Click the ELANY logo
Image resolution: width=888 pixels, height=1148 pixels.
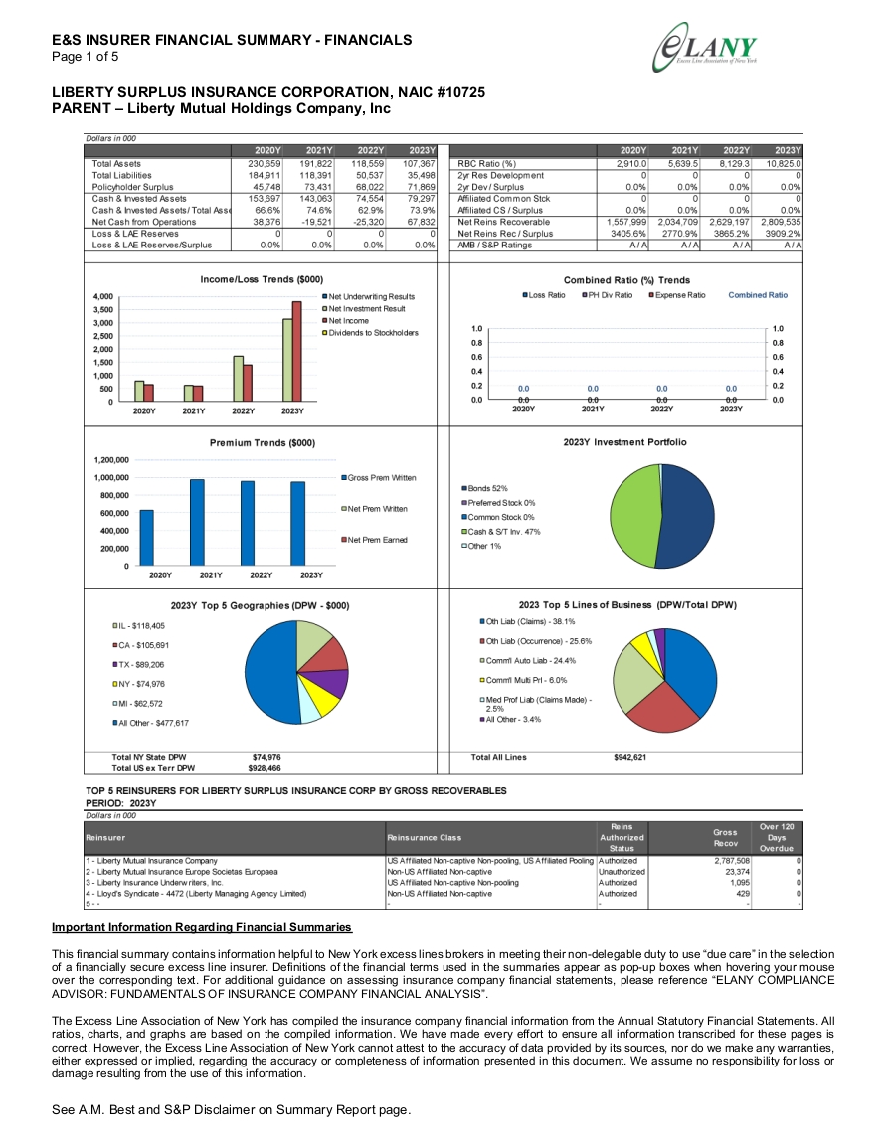(x=705, y=48)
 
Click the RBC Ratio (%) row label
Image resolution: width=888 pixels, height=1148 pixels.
(x=487, y=164)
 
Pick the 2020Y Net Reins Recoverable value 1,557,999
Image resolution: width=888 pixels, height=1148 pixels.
(x=626, y=222)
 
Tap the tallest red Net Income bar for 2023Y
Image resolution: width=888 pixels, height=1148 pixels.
(x=296, y=352)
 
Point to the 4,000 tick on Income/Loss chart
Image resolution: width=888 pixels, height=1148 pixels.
(x=103, y=296)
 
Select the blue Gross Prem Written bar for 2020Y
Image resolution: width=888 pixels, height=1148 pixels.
(x=147, y=538)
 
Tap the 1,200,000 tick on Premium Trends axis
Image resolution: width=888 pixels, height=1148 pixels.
(x=111, y=460)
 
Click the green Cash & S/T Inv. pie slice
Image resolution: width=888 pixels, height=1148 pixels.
(x=633, y=516)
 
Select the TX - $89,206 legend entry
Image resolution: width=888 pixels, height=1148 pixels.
(x=138, y=665)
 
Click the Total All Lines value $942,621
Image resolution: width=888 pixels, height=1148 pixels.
(x=630, y=757)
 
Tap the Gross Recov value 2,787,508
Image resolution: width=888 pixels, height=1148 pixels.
(x=732, y=861)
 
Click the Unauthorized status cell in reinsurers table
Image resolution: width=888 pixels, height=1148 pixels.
(x=622, y=872)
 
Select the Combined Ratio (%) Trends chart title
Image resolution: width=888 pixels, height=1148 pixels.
(x=626, y=280)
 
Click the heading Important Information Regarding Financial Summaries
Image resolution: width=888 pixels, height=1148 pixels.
(x=202, y=927)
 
